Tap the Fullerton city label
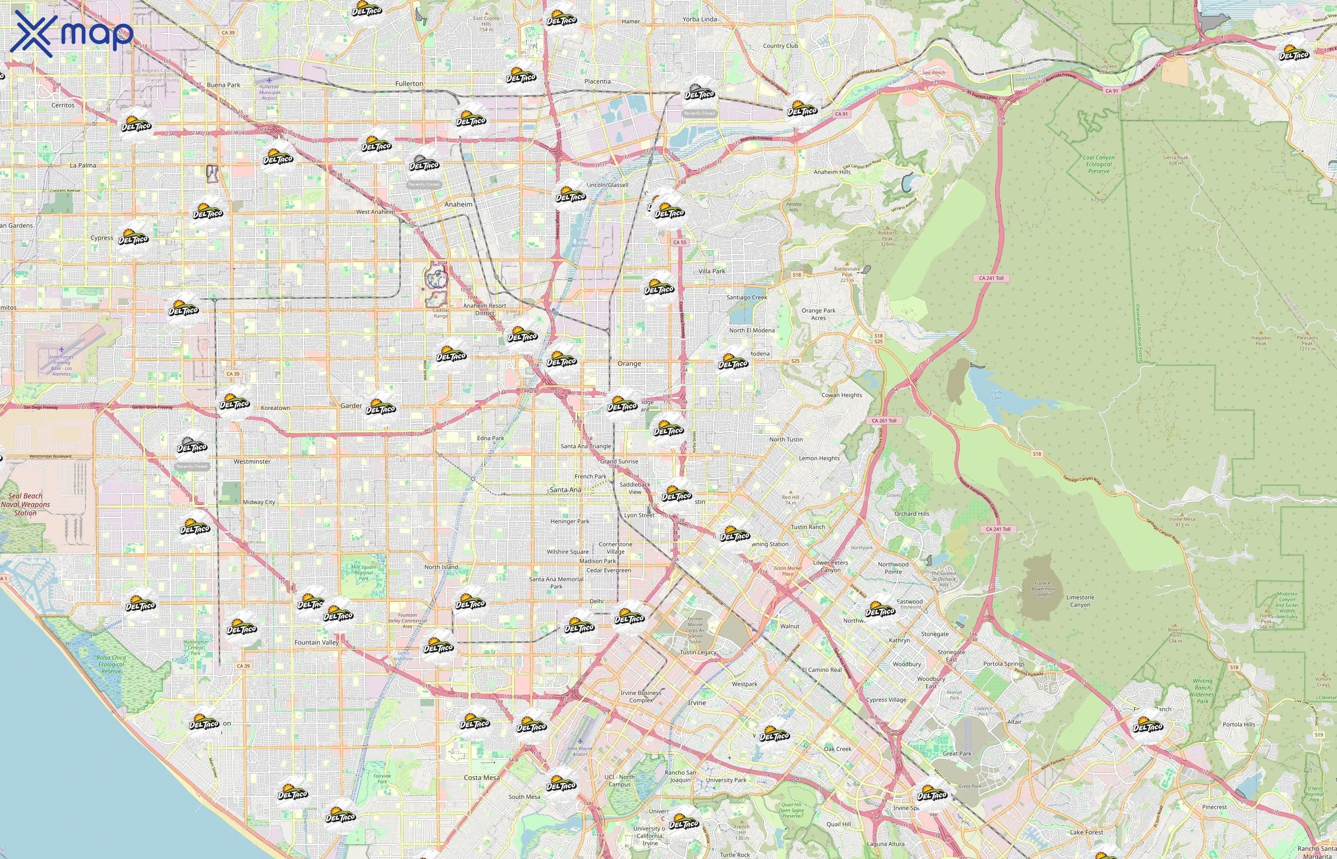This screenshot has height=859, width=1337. (x=409, y=84)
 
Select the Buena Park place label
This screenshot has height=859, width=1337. (x=223, y=85)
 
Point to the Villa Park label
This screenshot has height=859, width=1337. (x=711, y=271)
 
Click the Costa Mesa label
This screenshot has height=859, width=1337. (x=482, y=777)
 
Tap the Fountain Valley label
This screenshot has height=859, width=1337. (x=317, y=642)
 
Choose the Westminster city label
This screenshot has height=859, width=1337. (x=252, y=462)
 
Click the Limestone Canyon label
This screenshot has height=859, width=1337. (x=1080, y=601)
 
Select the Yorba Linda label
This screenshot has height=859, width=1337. (x=699, y=19)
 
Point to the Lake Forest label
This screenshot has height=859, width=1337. (x=1086, y=832)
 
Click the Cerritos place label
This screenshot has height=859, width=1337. (x=63, y=105)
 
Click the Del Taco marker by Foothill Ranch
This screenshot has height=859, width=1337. (x=1147, y=726)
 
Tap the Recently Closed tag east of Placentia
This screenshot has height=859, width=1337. (x=699, y=113)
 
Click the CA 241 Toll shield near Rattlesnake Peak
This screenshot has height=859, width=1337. (x=991, y=278)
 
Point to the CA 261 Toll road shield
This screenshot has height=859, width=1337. (x=884, y=420)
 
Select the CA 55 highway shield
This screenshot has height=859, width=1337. (x=679, y=242)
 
